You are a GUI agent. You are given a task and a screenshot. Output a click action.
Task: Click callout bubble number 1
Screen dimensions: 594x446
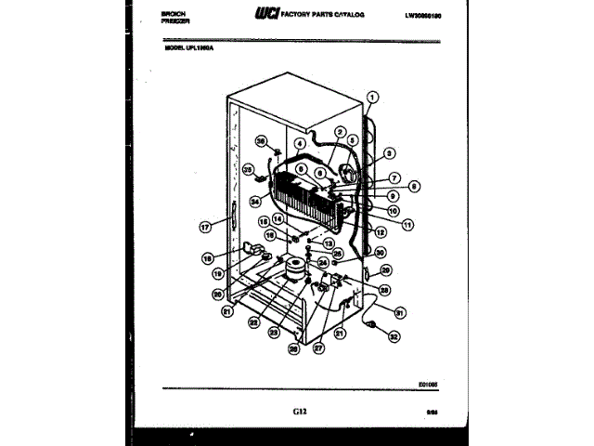(x=373, y=96)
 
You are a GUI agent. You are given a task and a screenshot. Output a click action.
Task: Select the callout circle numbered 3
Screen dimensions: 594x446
(x=389, y=153)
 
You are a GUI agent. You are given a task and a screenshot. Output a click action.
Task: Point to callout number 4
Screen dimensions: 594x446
(x=300, y=144)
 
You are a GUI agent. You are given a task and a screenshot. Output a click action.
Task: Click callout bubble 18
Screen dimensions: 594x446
(x=209, y=258)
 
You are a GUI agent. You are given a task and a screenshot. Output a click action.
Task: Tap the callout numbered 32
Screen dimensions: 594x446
(x=394, y=337)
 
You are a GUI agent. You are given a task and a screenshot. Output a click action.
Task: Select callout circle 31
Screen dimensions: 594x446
(x=400, y=312)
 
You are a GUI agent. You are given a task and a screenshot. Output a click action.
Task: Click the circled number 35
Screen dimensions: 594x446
(x=248, y=169)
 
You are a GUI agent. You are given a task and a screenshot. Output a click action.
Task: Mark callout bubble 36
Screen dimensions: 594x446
(x=262, y=141)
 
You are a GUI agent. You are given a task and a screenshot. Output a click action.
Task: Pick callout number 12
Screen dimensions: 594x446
(x=380, y=232)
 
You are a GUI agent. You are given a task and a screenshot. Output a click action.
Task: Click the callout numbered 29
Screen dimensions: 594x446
(x=385, y=270)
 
